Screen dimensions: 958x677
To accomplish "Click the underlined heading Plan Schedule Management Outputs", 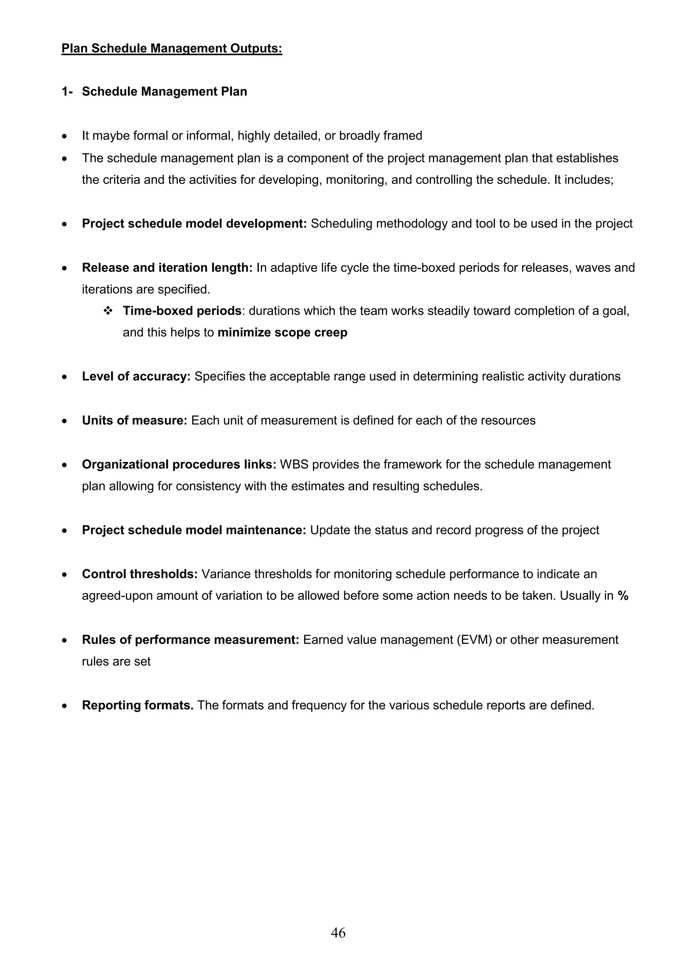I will tap(172, 48).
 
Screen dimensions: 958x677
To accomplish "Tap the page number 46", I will tap(338, 933).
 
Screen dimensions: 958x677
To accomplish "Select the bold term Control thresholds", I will tap(139, 574).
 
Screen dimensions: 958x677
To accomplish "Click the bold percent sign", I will tap(623, 596).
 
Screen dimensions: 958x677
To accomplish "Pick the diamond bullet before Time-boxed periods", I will tap(108, 311).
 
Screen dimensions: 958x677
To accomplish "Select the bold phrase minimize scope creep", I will tap(282, 333).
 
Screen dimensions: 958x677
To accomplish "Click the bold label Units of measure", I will tap(134, 421).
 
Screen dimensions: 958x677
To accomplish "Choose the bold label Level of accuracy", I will tap(136, 376).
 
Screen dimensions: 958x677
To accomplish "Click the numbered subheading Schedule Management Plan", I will tap(164, 92).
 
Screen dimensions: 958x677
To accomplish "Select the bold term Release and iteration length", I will tap(167, 268).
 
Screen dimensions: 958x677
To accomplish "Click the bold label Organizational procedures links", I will tap(179, 464).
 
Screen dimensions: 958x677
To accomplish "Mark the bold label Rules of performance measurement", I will tap(190, 640).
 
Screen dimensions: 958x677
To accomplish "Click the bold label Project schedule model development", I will tap(194, 224).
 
